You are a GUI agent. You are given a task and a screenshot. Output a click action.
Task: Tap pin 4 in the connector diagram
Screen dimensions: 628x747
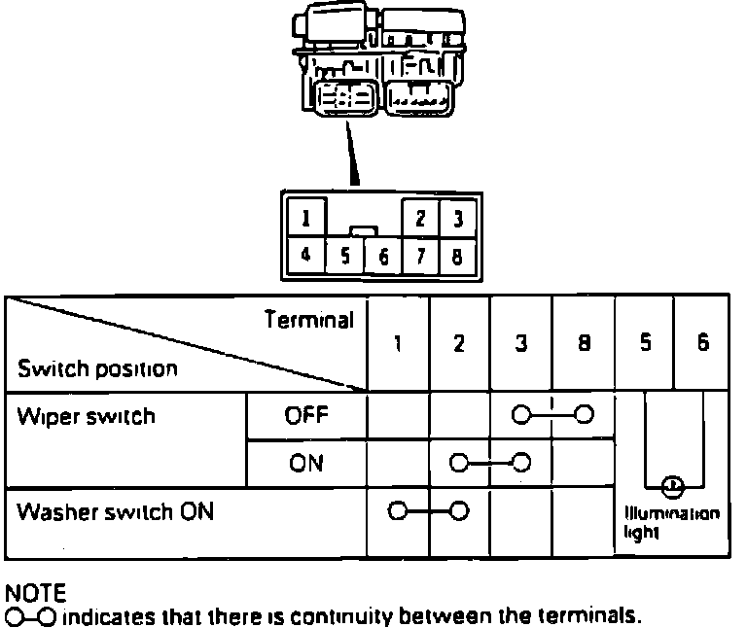point(306,256)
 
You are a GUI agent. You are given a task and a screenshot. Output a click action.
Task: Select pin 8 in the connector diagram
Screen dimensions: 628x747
point(455,257)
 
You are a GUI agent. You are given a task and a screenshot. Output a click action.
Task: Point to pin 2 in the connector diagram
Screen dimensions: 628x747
point(421,218)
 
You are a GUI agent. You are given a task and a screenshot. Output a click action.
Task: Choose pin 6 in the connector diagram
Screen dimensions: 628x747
point(382,258)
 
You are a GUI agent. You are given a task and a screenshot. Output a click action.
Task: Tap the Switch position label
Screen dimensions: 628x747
point(98,369)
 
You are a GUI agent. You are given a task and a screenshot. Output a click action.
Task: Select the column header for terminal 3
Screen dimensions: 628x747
point(521,344)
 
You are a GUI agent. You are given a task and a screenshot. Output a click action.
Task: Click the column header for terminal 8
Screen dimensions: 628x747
point(584,344)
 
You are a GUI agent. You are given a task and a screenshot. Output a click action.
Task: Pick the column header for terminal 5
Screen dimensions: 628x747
point(644,344)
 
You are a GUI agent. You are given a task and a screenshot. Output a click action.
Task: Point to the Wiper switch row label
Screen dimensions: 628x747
point(87,417)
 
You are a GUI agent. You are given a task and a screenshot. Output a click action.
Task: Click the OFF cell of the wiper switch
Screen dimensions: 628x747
point(307,416)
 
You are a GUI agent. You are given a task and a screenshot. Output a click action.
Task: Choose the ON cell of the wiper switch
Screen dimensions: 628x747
point(307,463)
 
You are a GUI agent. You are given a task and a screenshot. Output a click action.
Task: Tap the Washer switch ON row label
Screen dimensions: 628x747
point(116,513)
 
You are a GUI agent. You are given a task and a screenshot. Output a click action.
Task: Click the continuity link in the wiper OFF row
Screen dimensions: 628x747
point(552,416)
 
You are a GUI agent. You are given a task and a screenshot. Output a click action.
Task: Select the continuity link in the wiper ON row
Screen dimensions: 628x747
point(490,462)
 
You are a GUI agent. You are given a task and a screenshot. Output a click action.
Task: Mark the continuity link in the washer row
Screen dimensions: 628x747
point(429,510)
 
